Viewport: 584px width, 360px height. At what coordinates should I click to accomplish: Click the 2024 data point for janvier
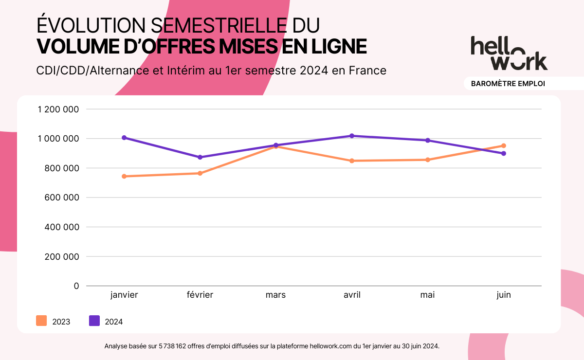click(x=124, y=138)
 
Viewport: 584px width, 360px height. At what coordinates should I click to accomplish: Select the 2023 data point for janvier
click(x=124, y=176)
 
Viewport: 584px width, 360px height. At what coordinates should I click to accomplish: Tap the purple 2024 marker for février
click(x=200, y=157)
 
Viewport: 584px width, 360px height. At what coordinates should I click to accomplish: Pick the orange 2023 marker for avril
click(x=352, y=161)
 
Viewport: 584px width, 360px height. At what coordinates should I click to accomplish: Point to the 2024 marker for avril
click(x=352, y=136)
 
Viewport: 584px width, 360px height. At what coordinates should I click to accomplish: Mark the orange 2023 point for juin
click(x=504, y=145)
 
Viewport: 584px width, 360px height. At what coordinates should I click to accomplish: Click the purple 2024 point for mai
click(x=428, y=140)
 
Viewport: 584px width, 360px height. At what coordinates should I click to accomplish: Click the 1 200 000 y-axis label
click(x=58, y=109)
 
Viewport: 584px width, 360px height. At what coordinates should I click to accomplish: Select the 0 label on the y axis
click(x=76, y=286)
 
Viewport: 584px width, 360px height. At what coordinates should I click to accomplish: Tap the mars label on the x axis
click(x=276, y=295)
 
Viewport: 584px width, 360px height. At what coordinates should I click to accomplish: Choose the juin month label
click(x=504, y=295)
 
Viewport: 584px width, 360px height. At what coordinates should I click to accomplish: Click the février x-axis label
click(x=200, y=295)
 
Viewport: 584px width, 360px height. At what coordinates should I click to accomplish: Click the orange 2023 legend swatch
click(x=41, y=321)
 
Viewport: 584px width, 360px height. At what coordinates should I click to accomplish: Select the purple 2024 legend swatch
click(x=94, y=321)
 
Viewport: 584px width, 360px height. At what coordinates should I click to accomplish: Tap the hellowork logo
click(x=509, y=53)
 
